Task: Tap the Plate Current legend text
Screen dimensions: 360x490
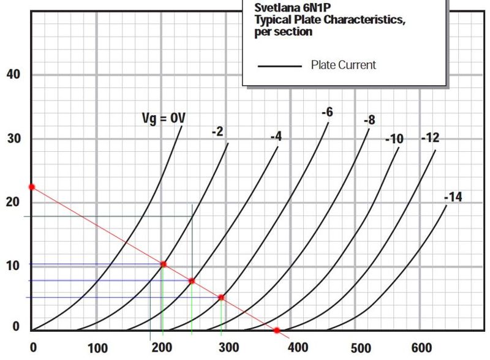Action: [343, 65]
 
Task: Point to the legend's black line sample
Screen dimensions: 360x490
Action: [280, 66]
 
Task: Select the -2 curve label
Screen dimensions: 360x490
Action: [218, 131]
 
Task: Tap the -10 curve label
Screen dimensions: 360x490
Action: [394, 139]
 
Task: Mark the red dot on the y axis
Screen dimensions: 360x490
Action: [32, 187]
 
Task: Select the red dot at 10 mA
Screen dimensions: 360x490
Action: [164, 264]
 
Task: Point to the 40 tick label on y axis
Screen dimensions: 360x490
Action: [13, 75]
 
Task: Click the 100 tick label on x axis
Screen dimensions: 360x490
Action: [98, 348]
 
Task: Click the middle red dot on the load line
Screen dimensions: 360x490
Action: [192, 281]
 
